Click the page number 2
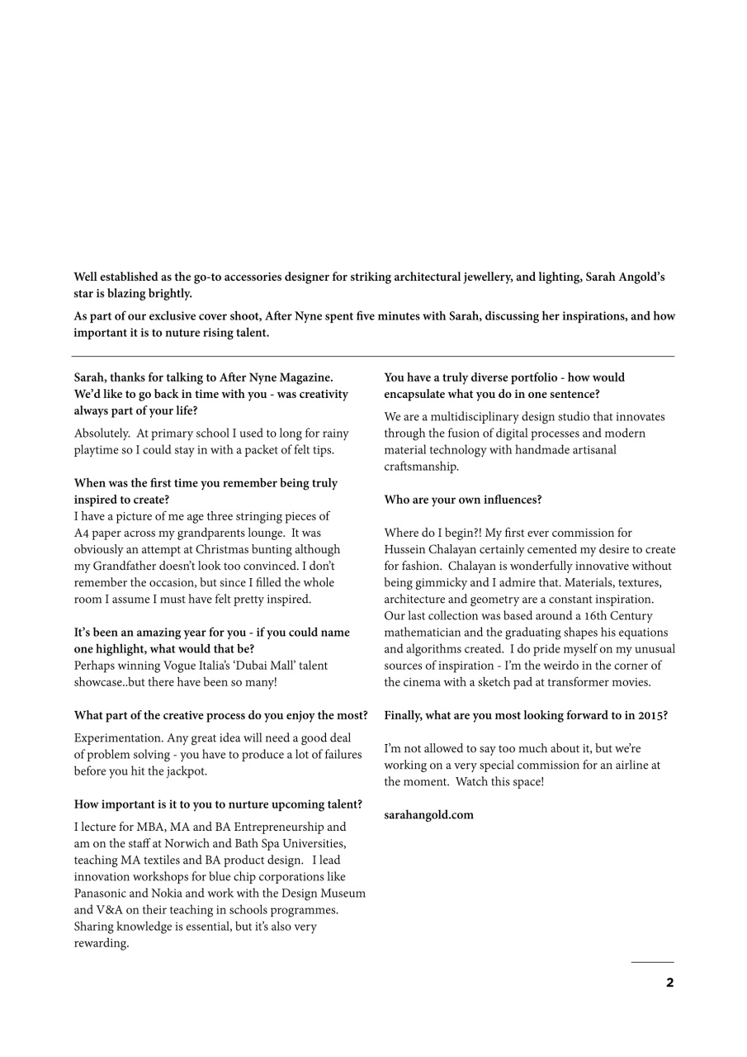click(x=669, y=983)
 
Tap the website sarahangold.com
click(x=428, y=815)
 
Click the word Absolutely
click(x=101, y=434)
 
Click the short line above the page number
click(x=652, y=962)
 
